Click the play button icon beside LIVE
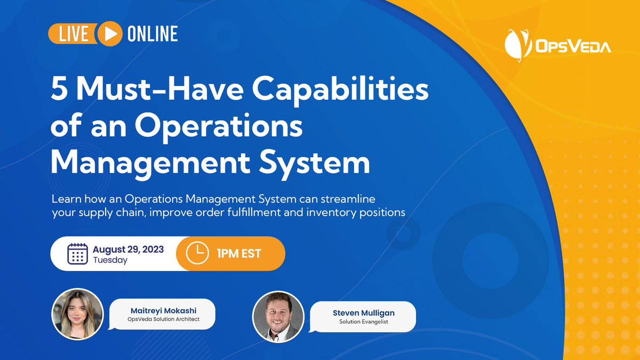pyautogui.click(x=109, y=34)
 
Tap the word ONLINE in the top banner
pyautogui.click(x=152, y=34)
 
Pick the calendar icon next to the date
pyautogui.click(x=78, y=253)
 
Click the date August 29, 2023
pyautogui.click(x=128, y=249)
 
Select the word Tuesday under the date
pyautogui.click(x=110, y=260)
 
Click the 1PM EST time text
pyautogui.click(x=239, y=253)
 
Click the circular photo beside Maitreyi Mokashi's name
pyautogui.click(x=77, y=315)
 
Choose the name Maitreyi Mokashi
pyautogui.click(x=162, y=310)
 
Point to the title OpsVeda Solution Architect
pyautogui.click(x=162, y=319)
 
